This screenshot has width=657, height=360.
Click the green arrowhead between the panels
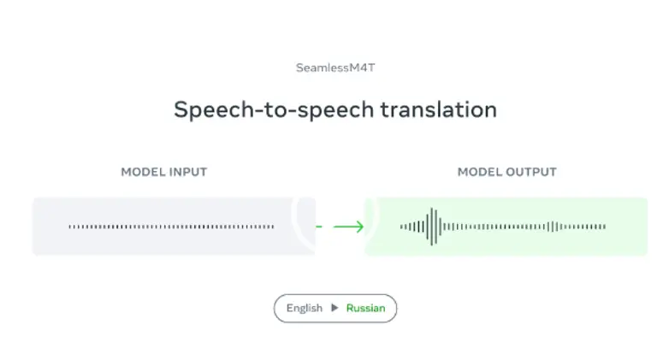(x=359, y=227)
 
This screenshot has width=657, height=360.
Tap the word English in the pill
(x=305, y=308)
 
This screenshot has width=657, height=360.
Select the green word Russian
(x=365, y=308)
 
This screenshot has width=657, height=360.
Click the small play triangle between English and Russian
(x=334, y=308)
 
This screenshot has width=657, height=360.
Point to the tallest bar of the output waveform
(x=433, y=227)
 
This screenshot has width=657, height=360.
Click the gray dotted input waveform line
(x=171, y=227)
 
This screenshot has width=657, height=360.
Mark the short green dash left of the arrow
(x=319, y=227)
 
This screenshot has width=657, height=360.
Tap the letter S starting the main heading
(x=181, y=110)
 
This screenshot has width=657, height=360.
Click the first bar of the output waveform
(x=401, y=227)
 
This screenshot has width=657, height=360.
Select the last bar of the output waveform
(x=605, y=227)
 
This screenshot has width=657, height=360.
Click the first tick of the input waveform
(x=70, y=227)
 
